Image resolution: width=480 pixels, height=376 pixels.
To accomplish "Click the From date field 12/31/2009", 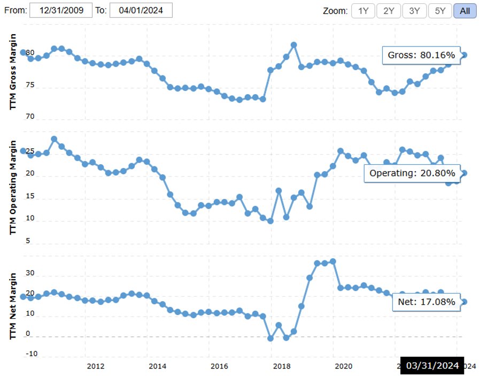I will point(61,10).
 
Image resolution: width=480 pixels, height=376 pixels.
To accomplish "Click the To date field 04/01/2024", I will point(141,10).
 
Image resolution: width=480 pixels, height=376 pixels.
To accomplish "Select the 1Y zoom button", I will point(363,11).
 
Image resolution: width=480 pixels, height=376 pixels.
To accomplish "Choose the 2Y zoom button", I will point(389,11).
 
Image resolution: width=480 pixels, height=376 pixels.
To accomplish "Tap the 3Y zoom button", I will point(414,11).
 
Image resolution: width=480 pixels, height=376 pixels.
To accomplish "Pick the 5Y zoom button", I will point(440,11).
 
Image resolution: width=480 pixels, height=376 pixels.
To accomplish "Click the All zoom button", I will point(464,11).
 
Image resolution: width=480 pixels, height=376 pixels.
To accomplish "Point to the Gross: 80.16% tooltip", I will point(421,55).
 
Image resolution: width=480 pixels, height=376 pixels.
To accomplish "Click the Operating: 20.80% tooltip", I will point(412,173).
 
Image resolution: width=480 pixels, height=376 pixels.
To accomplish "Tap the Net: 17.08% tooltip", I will point(426,302).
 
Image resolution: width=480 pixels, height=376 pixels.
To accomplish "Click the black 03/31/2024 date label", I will point(432,365).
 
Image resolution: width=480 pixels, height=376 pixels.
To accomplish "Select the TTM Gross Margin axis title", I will point(14,71).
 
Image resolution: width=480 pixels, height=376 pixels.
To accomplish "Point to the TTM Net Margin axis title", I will point(14,306).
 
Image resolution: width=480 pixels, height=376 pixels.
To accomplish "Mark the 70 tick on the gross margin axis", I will point(29,116).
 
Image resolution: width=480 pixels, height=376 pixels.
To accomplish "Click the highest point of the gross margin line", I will point(293,45).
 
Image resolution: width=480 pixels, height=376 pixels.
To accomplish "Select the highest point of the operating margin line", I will point(54,139).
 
